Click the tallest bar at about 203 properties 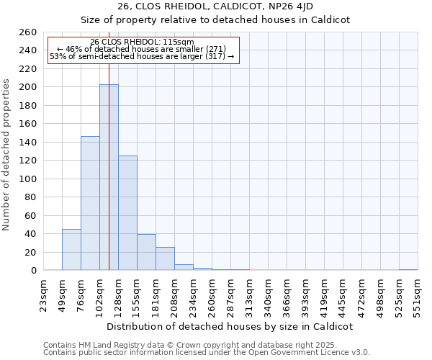109,177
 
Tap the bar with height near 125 127,212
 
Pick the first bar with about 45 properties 71,249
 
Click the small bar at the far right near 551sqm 408,269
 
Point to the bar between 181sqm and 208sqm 165,258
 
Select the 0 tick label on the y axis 33,271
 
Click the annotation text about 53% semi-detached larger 142,56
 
